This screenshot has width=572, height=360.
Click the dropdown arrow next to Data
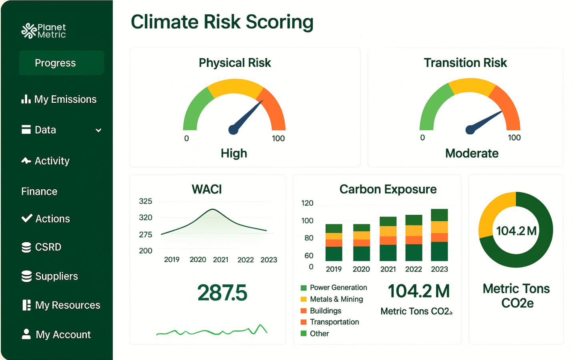point(98,130)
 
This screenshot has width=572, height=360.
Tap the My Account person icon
point(26,334)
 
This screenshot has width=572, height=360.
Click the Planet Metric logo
point(44,31)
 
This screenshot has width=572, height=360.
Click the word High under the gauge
point(234,153)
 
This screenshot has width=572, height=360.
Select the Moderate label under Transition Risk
point(472,153)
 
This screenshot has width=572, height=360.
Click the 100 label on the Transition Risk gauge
point(514,138)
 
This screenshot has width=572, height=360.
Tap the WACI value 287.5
point(222,292)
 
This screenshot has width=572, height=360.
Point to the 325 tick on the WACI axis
point(145,201)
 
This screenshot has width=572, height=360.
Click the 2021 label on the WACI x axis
point(220,260)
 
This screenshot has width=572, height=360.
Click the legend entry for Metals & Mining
point(336,299)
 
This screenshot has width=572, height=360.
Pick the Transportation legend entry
point(334,322)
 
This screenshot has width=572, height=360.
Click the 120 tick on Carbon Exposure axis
point(307,203)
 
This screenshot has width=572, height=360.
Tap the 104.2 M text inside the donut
point(516,231)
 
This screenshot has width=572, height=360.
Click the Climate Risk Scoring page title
point(222,22)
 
